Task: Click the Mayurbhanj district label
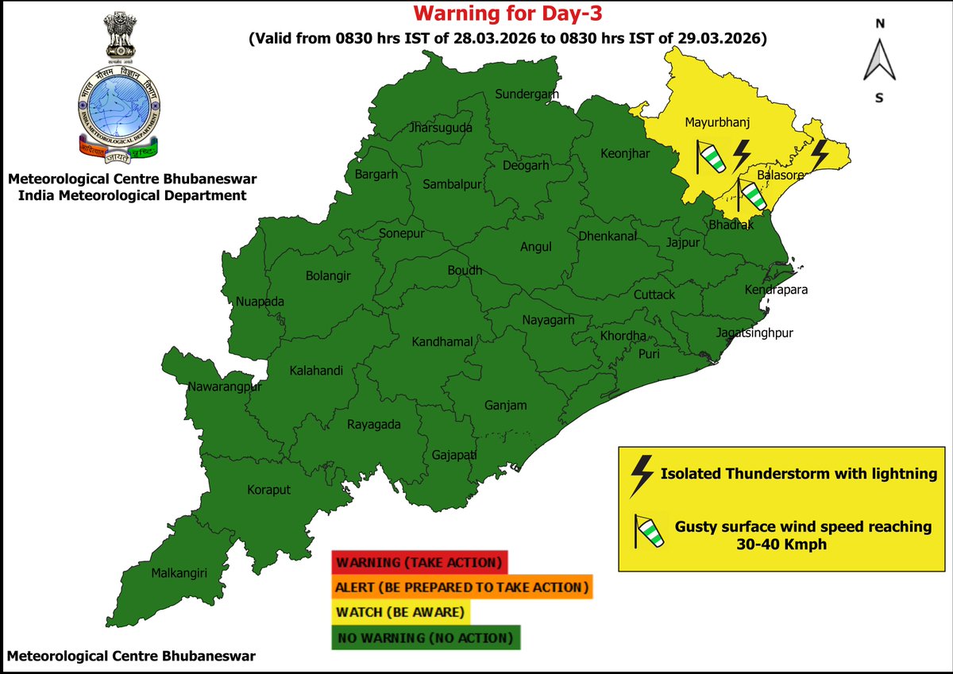click(x=717, y=123)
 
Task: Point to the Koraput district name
click(x=268, y=490)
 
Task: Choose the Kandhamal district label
click(x=442, y=342)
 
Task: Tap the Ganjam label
click(x=505, y=406)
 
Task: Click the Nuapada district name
click(x=260, y=302)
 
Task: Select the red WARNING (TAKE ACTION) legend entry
click(x=419, y=563)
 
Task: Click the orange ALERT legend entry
click(x=462, y=588)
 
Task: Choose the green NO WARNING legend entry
click(x=426, y=638)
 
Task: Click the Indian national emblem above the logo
click(x=118, y=37)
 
